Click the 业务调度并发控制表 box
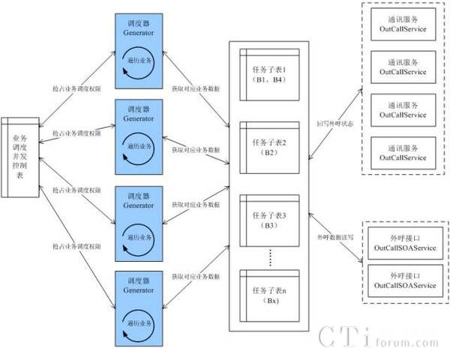[20, 157]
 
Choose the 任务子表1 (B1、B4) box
[269, 71]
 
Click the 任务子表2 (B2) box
[269, 145]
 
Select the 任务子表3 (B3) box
[269, 220]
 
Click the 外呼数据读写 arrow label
[334, 237]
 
